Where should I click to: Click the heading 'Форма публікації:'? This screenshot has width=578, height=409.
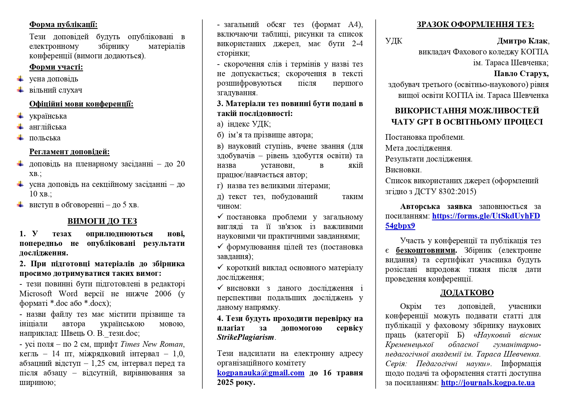pos(63,25)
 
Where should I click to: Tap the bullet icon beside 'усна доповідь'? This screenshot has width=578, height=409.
pos(21,79)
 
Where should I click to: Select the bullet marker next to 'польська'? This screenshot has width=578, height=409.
pos(21,138)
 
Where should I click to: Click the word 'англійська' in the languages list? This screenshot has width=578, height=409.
pos(48,127)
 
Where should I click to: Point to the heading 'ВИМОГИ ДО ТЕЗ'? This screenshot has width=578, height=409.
pos(102,221)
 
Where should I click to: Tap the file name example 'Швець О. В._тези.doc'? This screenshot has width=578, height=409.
pos(100,334)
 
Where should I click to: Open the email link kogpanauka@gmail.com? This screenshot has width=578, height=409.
pos(261,373)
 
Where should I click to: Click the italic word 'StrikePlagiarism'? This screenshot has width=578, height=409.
pos(245,337)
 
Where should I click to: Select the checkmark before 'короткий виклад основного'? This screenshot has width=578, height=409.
pos(220,267)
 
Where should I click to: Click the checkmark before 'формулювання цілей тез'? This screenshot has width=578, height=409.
pos(220,246)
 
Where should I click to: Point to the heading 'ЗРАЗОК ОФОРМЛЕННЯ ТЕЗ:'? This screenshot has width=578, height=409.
pos(475,25)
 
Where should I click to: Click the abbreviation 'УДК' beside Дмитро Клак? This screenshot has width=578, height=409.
pos(394,41)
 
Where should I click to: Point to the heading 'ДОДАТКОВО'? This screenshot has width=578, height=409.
pos(467,293)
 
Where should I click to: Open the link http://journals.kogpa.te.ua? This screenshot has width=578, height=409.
pos(488,383)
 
